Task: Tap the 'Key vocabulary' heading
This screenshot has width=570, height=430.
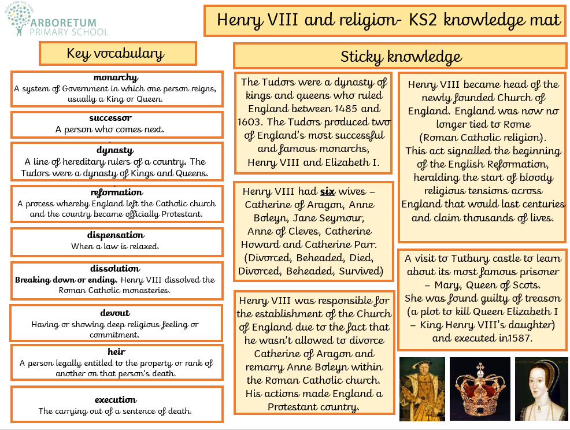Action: click(x=116, y=54)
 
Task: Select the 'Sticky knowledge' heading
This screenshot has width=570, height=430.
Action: click(x=401, y=57)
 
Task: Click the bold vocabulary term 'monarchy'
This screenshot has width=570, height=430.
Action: click(x=116, y=77)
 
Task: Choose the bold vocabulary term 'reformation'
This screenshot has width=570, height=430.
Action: click(x=116, y=192)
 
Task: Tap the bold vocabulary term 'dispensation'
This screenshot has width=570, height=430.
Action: click(x=116, y=235)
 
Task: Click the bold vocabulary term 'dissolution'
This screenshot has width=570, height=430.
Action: click(x=115, y=268)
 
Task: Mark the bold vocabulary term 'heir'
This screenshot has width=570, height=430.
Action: click(x=116, y=351)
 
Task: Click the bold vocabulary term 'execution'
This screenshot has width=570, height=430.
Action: click(x=116, y=399)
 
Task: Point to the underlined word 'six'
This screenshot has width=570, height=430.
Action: click(x=329, y=191)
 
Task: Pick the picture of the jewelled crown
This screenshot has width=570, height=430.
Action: click(x=479, y=388)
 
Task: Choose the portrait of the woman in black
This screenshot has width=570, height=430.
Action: click(x=538, y=388)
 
